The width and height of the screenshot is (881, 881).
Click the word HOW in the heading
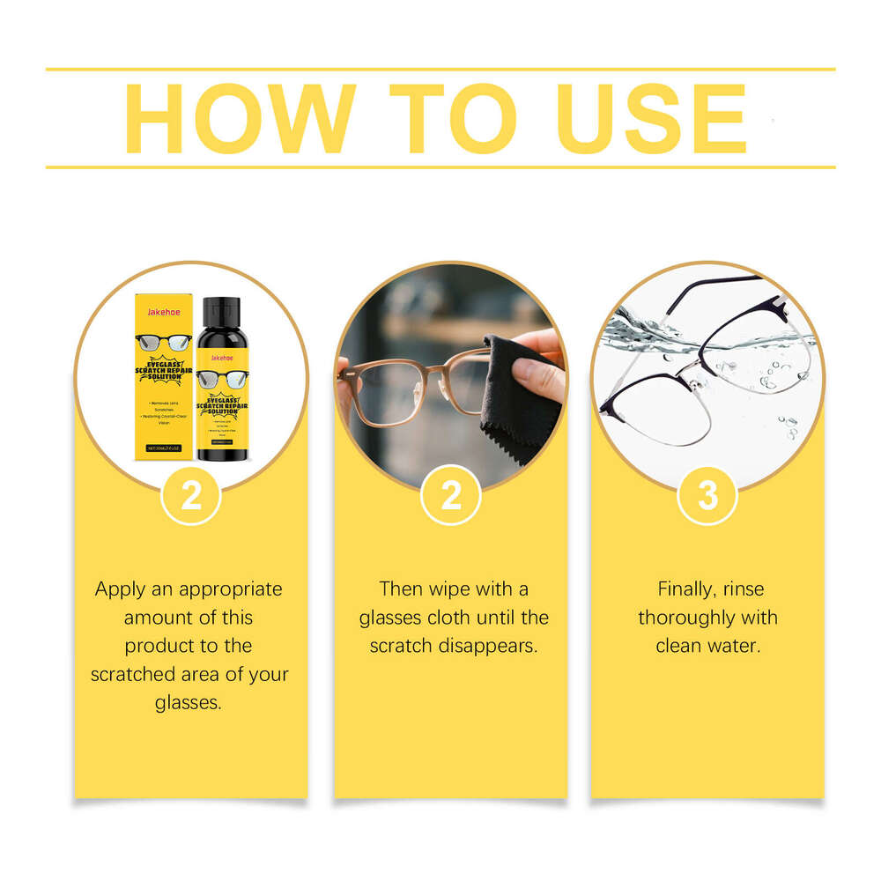pyautogui.click(x=240, y=119)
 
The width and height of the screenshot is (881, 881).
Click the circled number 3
pyautogui.click(x=707, y=495)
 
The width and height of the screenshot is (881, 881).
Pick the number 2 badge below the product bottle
pyautogui.click(x=191, y=495)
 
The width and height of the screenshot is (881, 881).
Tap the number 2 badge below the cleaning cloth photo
pyautogui.click(x=450, y=495)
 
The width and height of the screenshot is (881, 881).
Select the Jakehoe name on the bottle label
pyautogui.click(x=221, y=358)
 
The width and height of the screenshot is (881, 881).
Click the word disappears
pyautogui.click(x=491, y=646)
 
